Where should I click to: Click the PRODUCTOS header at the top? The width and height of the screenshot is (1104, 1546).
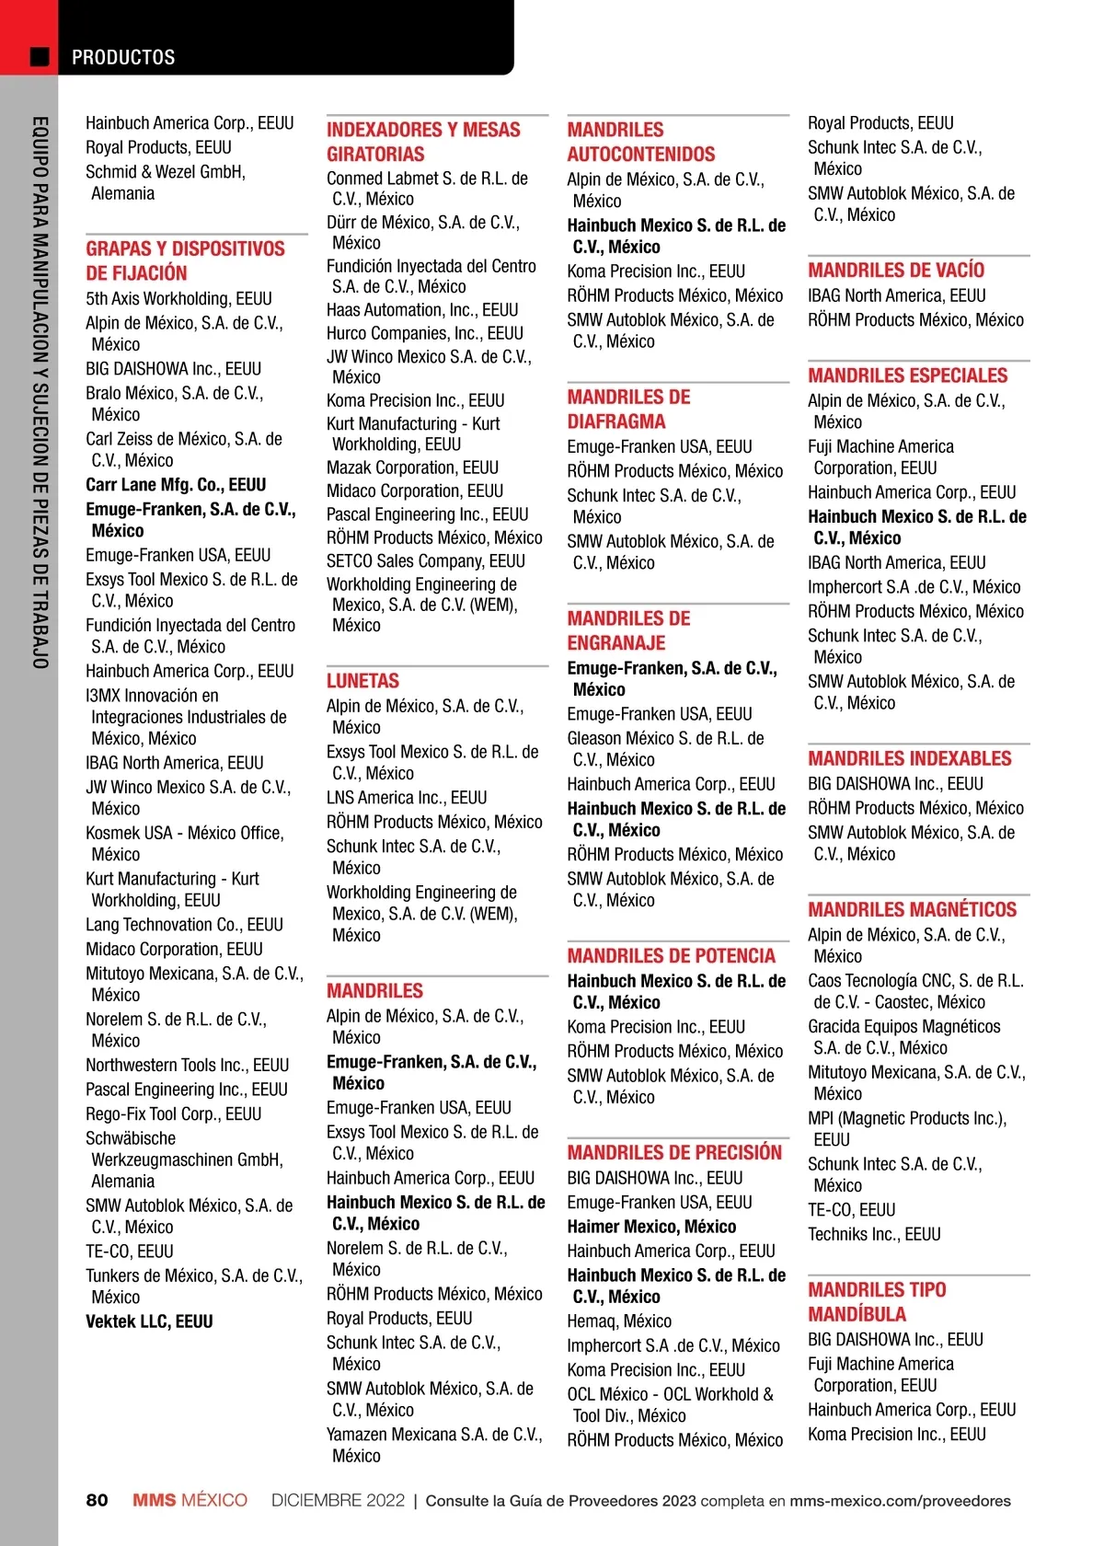(x=123, y=57)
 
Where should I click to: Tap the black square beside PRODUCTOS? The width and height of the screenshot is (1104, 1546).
(x=40, y=57)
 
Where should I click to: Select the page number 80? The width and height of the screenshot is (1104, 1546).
(x=97, y=1501)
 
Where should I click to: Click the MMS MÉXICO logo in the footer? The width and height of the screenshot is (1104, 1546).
(x=190, y=1501)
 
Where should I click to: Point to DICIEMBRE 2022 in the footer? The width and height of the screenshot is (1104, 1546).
(x=338, y=1501)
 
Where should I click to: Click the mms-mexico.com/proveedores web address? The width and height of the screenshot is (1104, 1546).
(x=900, y=1501)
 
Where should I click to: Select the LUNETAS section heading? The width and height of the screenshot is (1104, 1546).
(x=362, y=681)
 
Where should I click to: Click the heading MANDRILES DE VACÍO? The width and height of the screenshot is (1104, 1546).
(x=896, y=271)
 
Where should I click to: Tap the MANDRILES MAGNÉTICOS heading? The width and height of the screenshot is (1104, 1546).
(x=912, y=910)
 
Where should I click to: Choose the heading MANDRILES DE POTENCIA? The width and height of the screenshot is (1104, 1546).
(x=671, y=956)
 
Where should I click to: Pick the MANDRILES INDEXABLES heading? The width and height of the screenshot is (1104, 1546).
(x=909, y=759)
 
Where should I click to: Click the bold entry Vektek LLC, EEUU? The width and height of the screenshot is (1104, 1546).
(x=149, y=1321)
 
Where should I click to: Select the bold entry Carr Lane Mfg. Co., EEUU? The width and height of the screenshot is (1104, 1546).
(x=176, y=485)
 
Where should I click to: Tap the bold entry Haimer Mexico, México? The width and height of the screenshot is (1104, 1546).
(x=651, y=1227)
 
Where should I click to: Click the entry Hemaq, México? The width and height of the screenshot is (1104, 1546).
(x=619, y=1321)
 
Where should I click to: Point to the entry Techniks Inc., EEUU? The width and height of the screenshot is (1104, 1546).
(x=874, y=1234)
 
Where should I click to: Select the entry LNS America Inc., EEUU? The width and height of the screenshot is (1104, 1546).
(x=407, y=798)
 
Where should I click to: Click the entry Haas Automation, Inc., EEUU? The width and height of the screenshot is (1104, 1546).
(x=422, y=310)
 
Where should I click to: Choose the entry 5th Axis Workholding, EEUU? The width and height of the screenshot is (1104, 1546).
(x=178, y=299)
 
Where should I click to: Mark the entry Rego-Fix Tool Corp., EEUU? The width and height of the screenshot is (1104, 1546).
(x=174, y=1113)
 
